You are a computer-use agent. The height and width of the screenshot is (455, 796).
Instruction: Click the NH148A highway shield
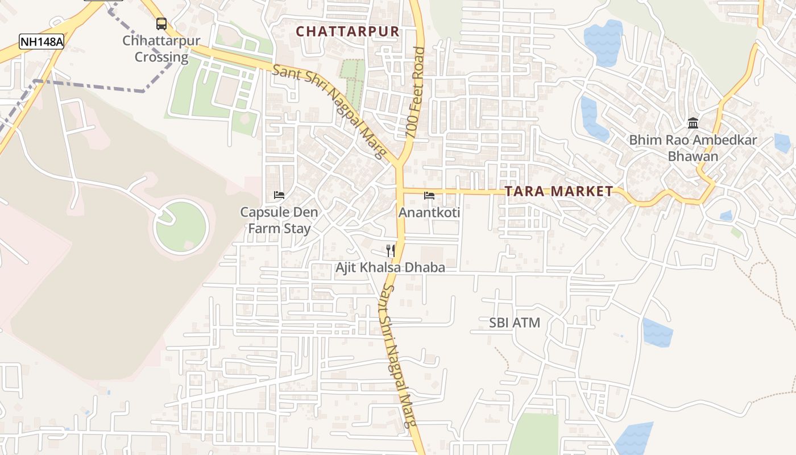(x=42, y=42)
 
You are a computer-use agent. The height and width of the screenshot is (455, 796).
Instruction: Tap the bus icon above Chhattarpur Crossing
(x=161, y=24)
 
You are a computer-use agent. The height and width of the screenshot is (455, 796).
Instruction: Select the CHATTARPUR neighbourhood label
(x=348, y=32)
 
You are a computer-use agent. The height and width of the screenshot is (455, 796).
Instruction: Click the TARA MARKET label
(x=559, y=192)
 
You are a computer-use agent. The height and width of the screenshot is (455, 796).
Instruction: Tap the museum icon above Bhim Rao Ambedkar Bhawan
(x=693, y=123)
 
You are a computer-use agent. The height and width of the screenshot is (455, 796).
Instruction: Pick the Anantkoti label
(x=429, y=213)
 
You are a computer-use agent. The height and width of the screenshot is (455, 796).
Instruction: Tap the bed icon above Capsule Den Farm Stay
(x=279, y=195)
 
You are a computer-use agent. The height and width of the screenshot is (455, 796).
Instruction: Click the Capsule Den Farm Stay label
(x=279, y=220)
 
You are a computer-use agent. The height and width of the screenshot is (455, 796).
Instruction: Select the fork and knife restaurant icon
(x=390, y=250)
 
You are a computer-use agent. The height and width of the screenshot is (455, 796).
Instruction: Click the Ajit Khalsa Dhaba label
(x=390, y=267)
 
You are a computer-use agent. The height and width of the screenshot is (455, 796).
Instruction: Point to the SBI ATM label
(x=515, y=323)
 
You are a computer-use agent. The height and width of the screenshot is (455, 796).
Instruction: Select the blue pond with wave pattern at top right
(x=603, y=43)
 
